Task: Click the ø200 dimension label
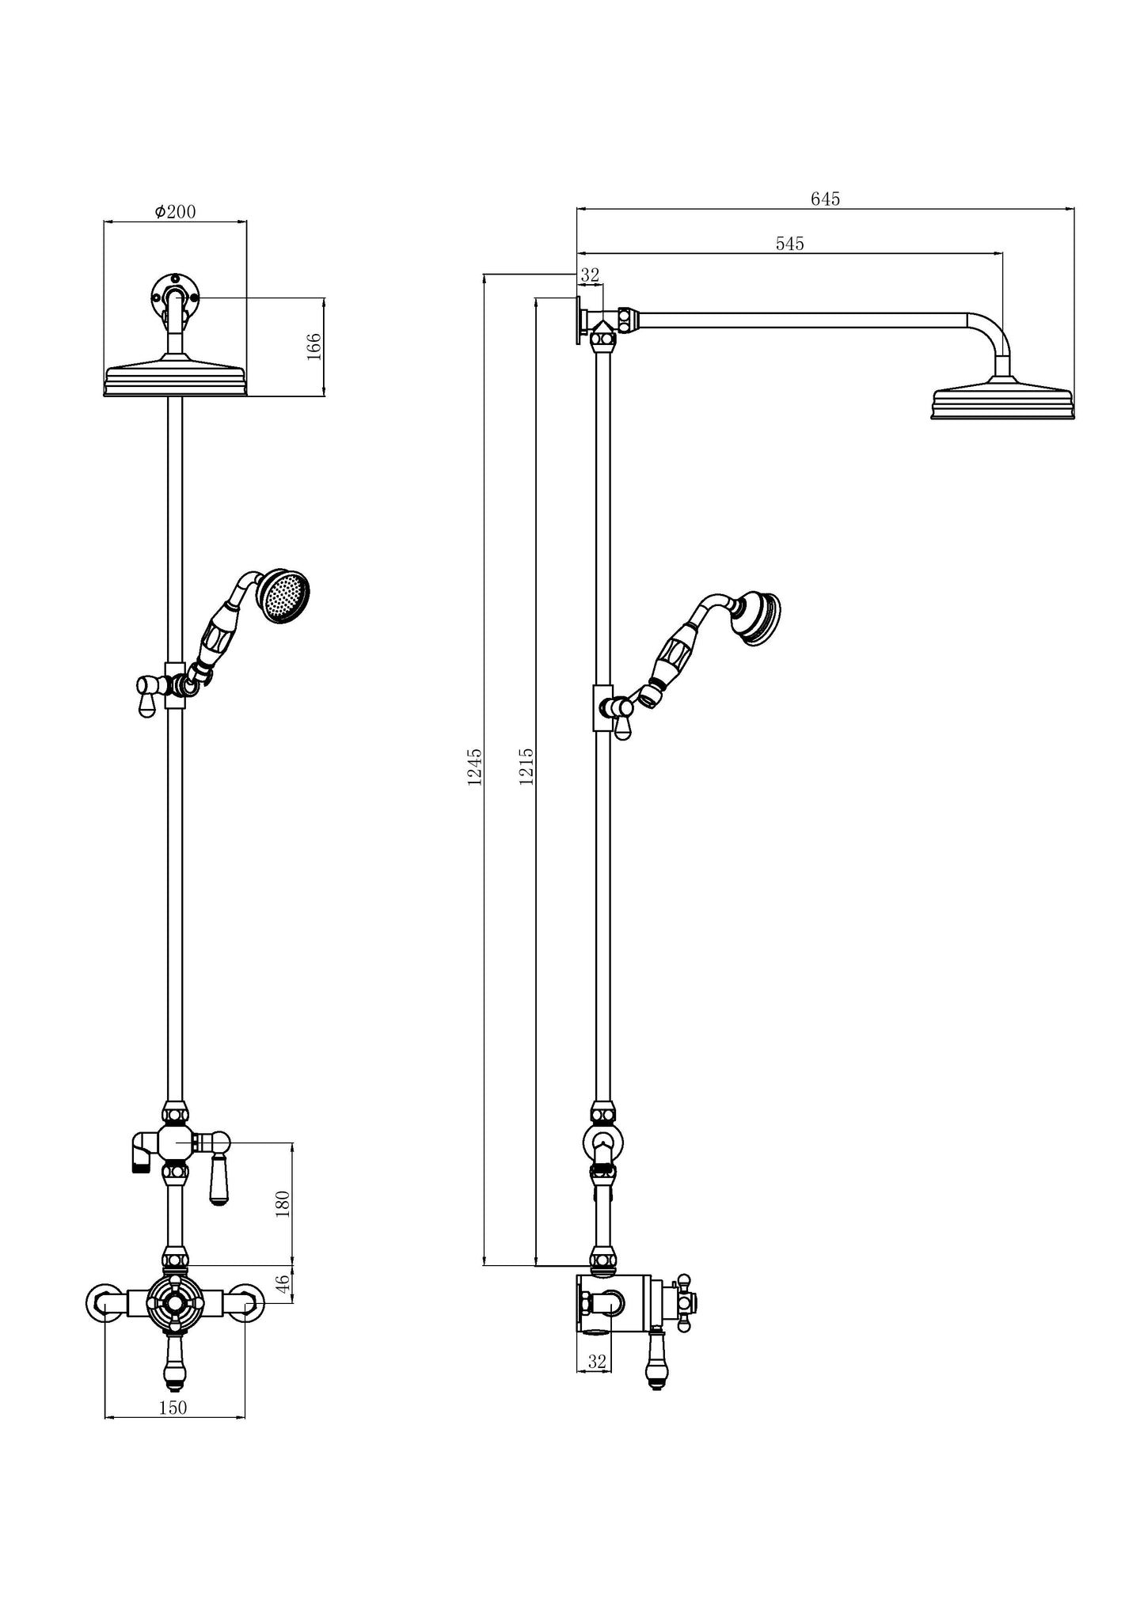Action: click(175, 212)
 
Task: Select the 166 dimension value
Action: click(314, 347)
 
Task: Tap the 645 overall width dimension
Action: click(825, 199)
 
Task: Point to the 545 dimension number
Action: click(789, 244)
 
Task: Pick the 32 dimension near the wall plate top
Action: click(590, 275)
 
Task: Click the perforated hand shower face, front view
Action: click(286, 595)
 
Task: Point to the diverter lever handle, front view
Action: click(219, 1181)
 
